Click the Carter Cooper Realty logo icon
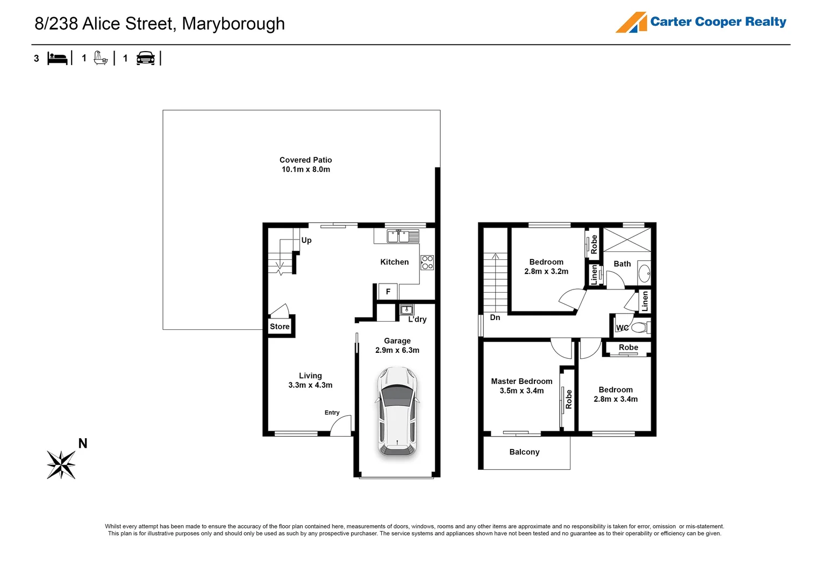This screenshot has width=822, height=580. click(x=631, y=23)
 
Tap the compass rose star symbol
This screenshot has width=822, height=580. click(x=61, y=464)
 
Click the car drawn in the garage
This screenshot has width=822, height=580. click(x=397, y=411)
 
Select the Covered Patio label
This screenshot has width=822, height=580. click(x=305, y=160)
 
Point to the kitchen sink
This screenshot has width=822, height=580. click(x=403, y=236)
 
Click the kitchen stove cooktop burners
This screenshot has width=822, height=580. click(x=427, y=263)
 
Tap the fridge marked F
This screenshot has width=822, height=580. click(x=388, y=292)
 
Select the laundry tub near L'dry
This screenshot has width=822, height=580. click(x=407, y=310)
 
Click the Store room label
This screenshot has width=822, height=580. click(x=280, y=327)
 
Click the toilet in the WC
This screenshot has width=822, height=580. click(x=639, y=327)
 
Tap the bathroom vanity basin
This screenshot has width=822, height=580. click(x=644, y=273)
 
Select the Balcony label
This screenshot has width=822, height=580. click(x=524, y=452)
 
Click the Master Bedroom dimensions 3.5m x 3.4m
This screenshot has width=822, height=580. click(x=521, y=391)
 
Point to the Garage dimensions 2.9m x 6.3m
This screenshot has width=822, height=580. click(x=397, y=350)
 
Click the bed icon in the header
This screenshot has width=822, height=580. click(x=58, y=58)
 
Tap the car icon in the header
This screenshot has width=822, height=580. click(x=146, y=58)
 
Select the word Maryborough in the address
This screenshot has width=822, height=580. click(x=233, y=24)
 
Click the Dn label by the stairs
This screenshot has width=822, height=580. click(x=495, y=317)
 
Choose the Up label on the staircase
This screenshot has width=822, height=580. click(x=306, y=240)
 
